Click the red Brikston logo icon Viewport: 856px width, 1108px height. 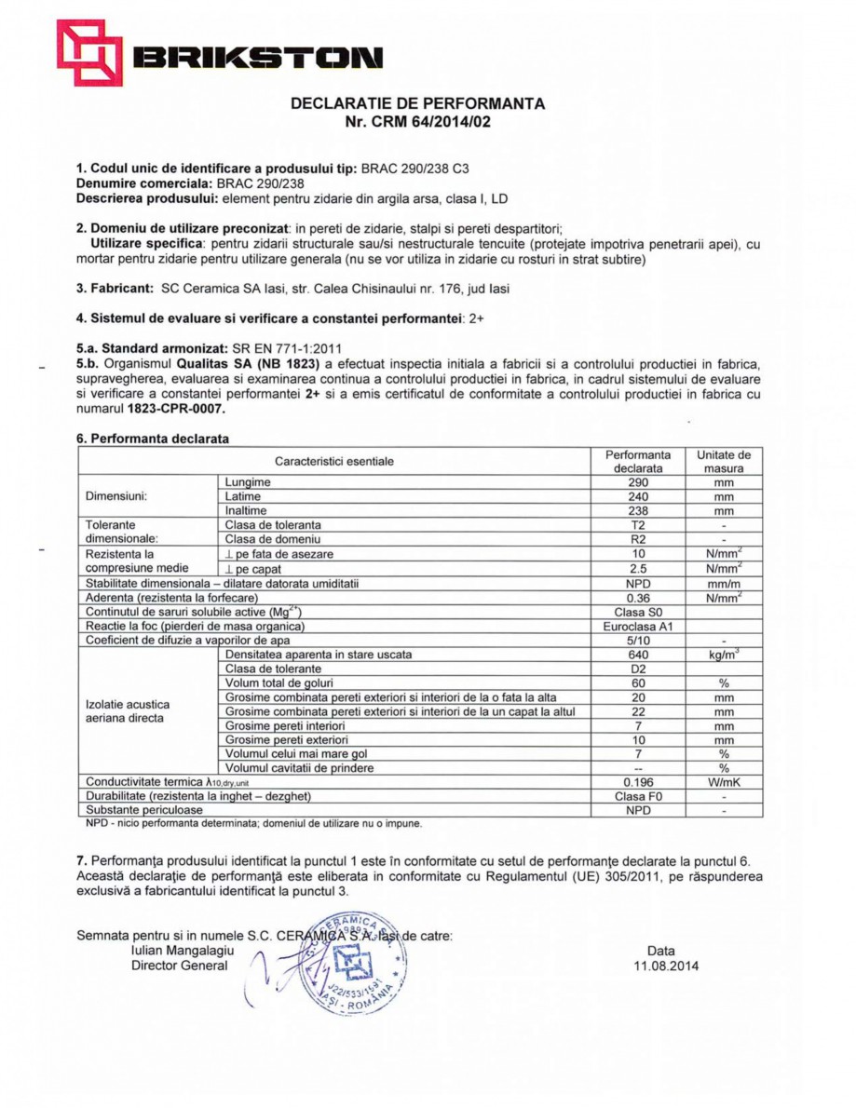pos(89,53)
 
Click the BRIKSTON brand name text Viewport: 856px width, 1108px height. pos(257,58)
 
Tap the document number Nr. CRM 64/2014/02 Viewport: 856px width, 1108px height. pos(418,121)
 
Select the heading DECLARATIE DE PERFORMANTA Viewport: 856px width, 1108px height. pos(418,103)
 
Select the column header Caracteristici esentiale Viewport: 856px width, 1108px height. pos(333,461)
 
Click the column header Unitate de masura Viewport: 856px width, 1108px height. pos(723,462)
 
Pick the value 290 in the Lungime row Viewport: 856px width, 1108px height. pos(637,482)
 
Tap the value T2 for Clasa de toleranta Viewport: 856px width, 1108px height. pos(637,525)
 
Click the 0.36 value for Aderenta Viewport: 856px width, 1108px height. pos(637,597)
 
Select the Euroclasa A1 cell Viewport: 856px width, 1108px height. pos(637,626)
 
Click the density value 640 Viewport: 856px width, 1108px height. pos(637,655)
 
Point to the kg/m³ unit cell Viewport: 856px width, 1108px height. pos(723,655)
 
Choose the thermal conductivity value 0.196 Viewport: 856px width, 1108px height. pos(637,783)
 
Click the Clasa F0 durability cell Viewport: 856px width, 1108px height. pos(637,797)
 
